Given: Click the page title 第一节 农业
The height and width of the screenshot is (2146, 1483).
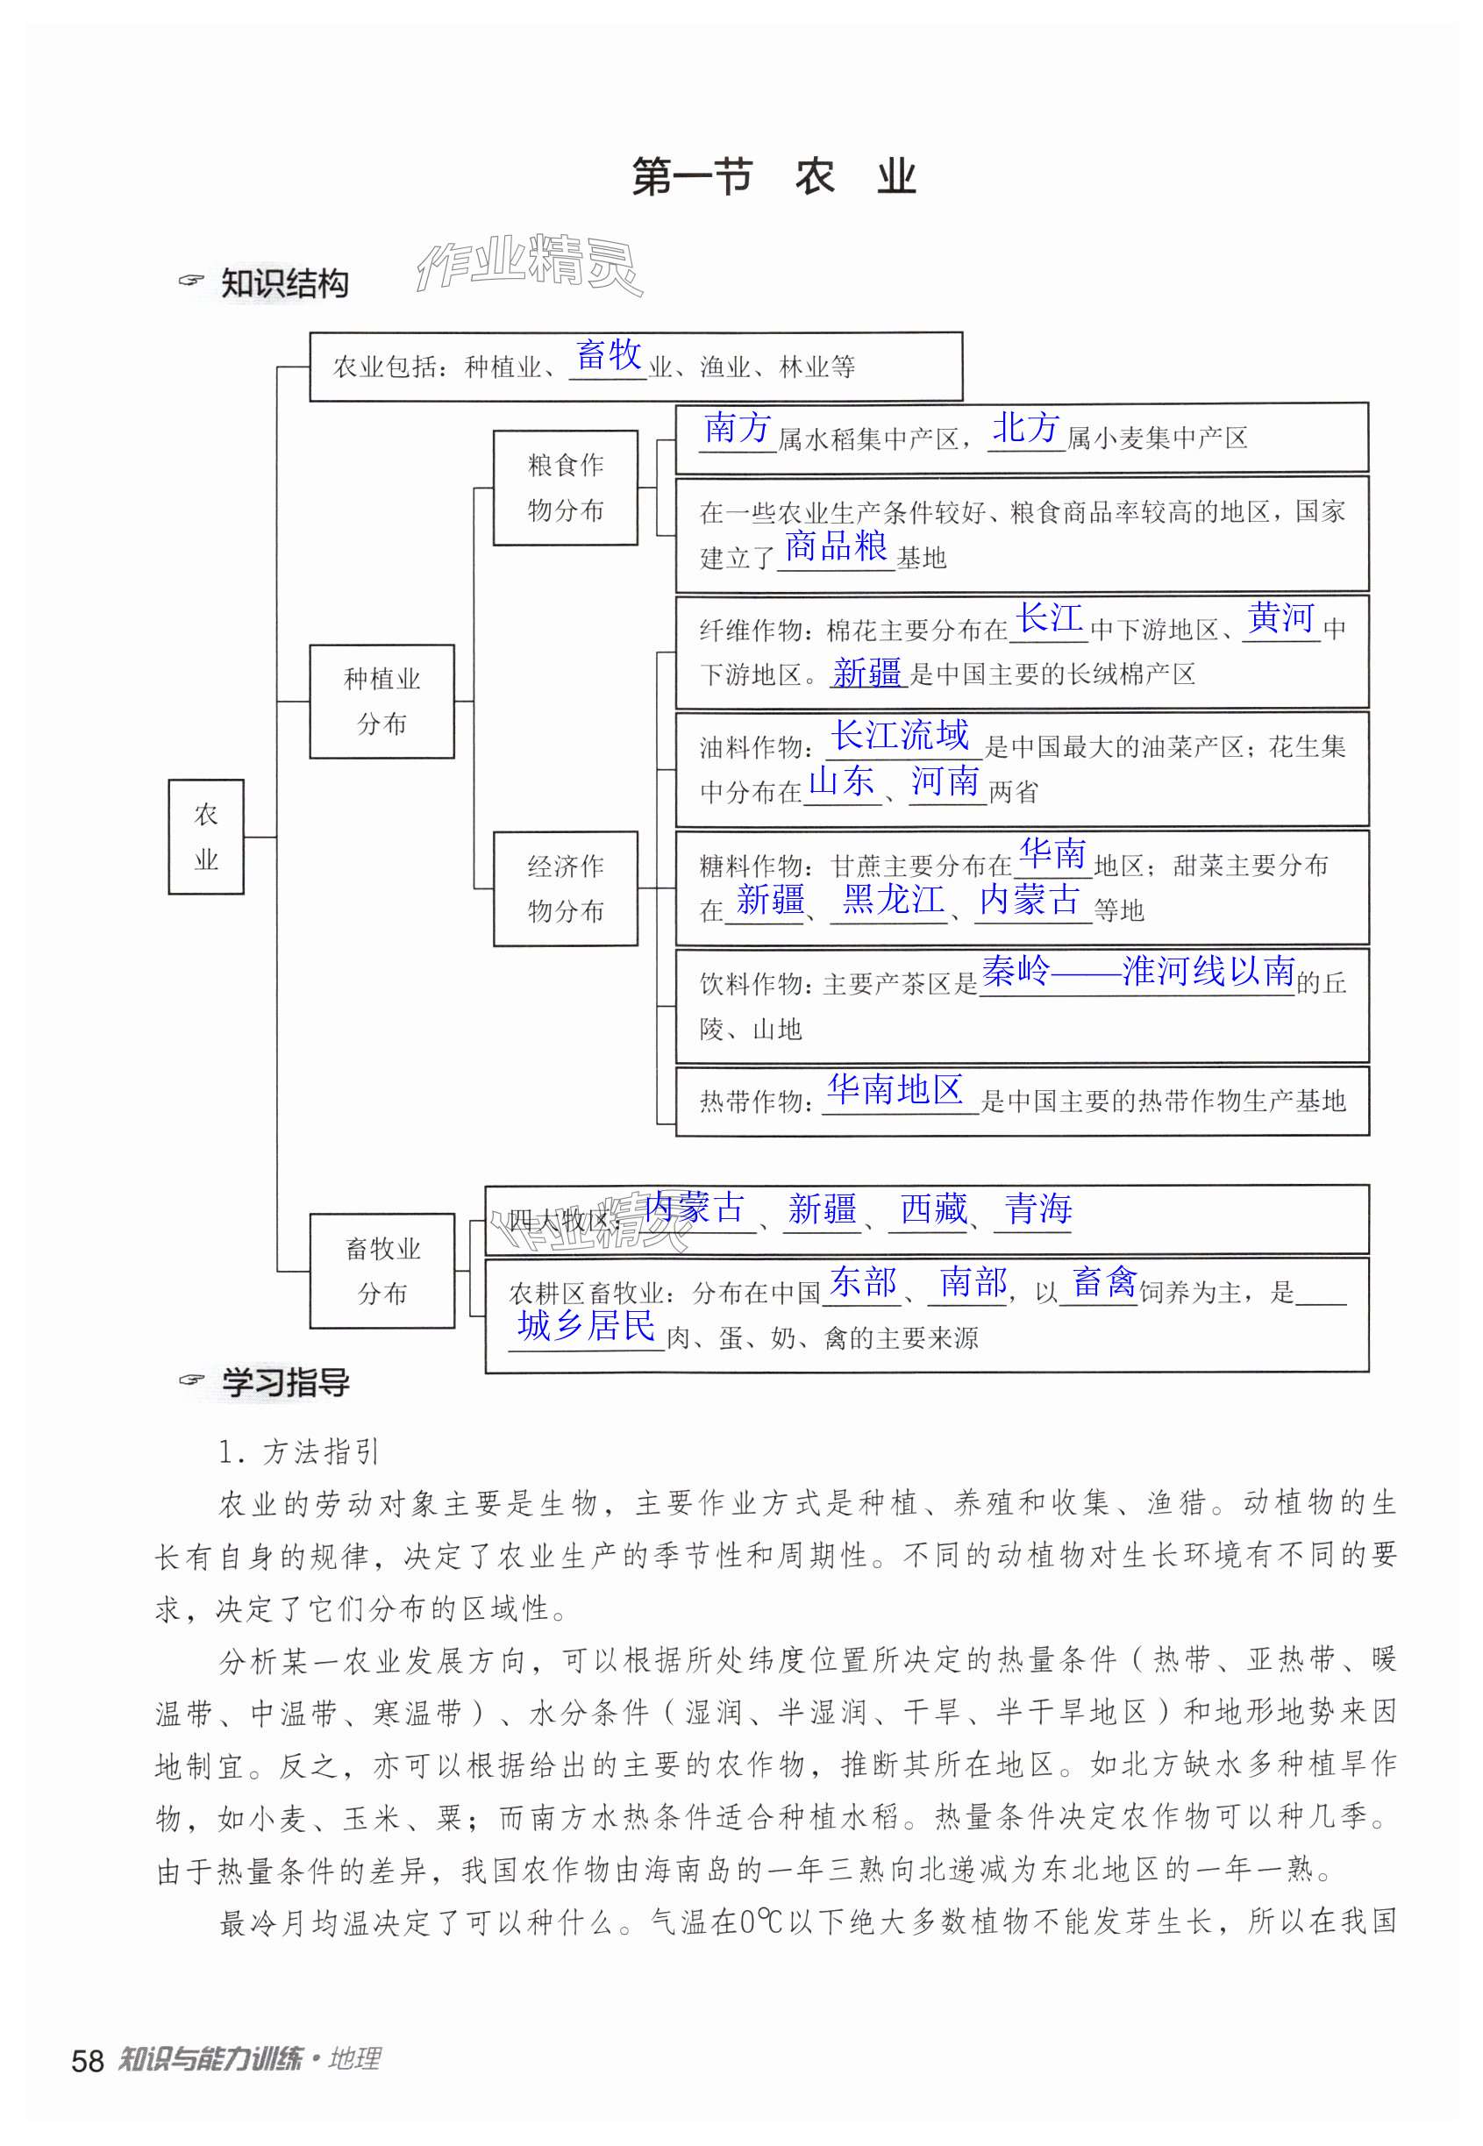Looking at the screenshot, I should click(x=774, y=176).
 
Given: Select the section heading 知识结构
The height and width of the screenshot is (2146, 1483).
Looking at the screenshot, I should click(x=284, y=283).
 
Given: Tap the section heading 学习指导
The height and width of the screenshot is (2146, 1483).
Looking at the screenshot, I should click(x=284, y=1382).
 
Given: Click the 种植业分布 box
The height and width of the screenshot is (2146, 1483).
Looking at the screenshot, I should click(x=381, y=702).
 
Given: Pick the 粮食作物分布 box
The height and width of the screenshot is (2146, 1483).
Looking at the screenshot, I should click(x=565, y=487).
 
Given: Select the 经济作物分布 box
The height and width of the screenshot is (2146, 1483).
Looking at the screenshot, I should click(x=565, y=888).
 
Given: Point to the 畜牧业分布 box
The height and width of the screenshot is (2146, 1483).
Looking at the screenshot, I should click(x=381, y=1270).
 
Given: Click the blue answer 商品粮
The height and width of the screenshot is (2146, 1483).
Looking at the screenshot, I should click(x=836, y=546).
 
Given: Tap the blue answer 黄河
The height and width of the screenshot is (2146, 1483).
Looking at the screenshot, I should click(x=1280, y=617).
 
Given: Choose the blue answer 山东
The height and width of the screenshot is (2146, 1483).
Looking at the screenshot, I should click(x=841, y=781).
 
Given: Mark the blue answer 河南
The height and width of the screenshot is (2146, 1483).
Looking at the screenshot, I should click(x=945, y=781).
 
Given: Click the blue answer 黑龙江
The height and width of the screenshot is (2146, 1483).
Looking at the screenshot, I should click(x=893, y=899).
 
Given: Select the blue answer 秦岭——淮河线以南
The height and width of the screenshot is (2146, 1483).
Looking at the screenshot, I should click(x=1137, y=971).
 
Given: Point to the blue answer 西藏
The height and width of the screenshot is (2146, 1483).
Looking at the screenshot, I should click(x=933, y=1208).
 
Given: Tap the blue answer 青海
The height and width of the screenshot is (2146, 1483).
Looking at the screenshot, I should click(x=1037, y=1208).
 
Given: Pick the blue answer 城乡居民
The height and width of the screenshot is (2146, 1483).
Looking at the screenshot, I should click(x=587, y=1326).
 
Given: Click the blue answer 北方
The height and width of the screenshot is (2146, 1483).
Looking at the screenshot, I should click(x=1026, y=428).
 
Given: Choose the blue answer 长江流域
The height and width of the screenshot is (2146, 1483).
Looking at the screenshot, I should click(x=900, y=735).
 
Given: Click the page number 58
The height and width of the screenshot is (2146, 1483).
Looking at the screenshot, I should click(x=88, y=2061).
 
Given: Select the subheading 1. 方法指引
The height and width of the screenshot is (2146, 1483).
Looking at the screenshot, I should click(x=298, y=1452).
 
